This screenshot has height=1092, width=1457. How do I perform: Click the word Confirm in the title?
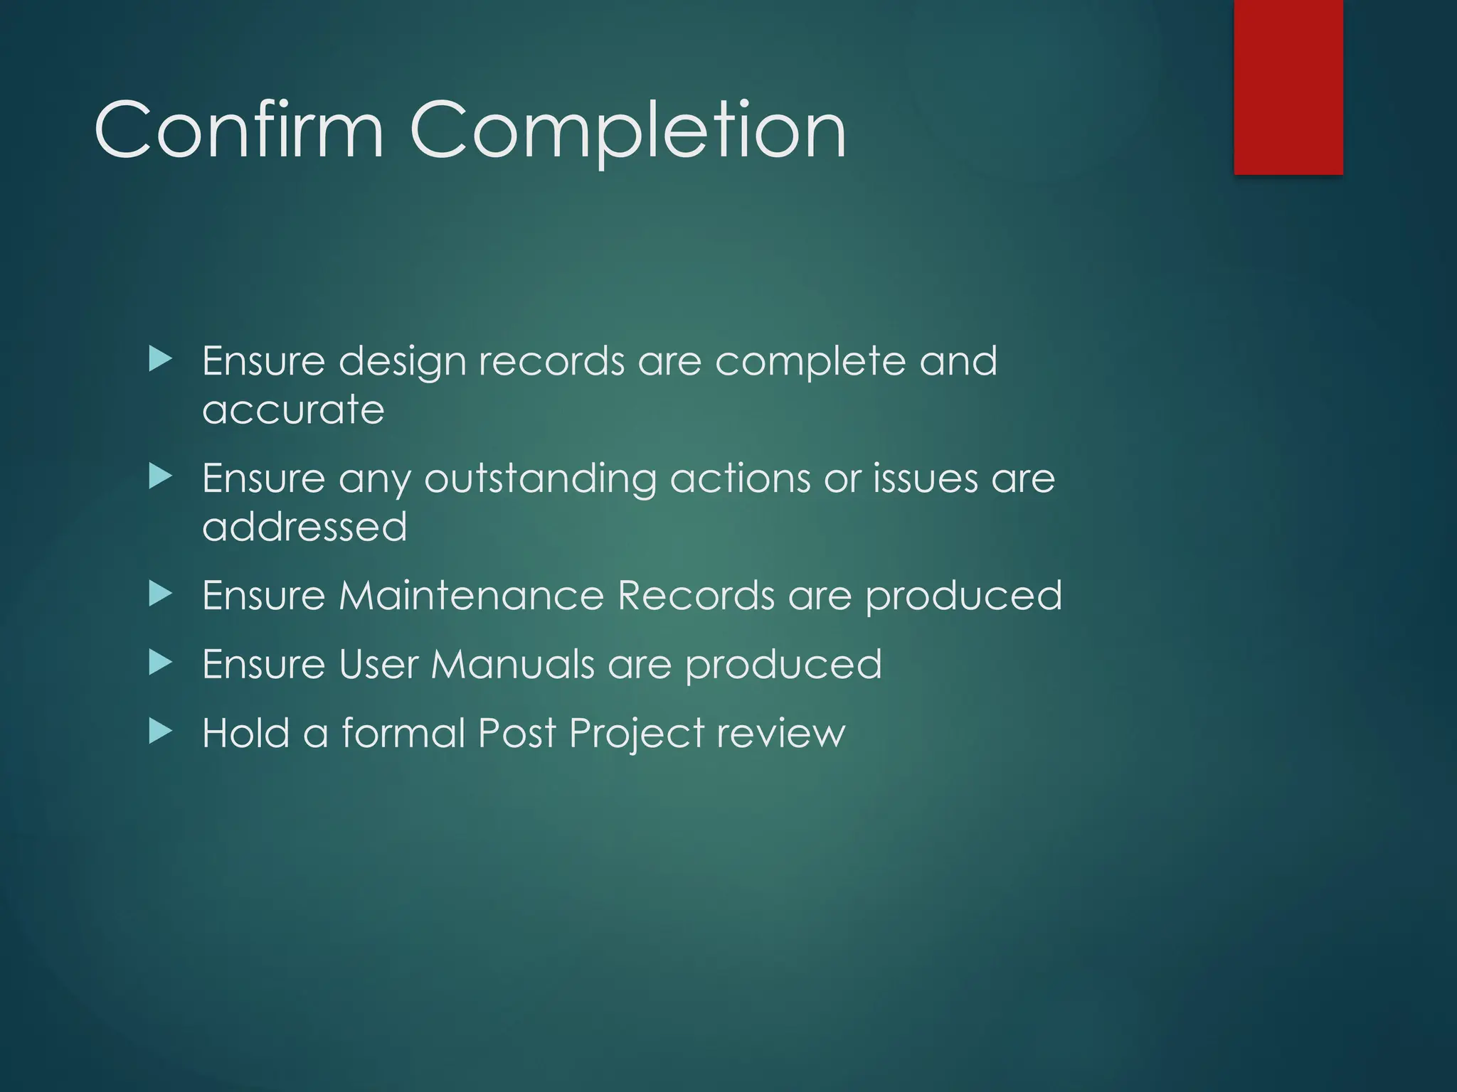[239, 131]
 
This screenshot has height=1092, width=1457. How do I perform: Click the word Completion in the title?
[627, 132]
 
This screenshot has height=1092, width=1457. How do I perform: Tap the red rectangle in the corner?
[1288, 87]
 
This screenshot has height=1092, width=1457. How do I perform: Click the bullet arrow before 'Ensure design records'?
[161, 360]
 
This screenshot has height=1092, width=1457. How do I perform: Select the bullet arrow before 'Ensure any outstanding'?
[161, 477]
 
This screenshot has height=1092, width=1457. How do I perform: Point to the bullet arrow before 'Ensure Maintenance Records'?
[161, 594]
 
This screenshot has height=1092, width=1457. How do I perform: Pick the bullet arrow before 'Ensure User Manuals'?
[161, 663]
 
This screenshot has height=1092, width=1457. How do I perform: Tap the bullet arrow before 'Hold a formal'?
[161, 732]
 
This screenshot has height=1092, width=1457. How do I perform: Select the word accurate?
[293, 410]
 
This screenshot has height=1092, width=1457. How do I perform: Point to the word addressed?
[304, 527]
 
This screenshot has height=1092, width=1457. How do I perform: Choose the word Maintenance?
[471, 595]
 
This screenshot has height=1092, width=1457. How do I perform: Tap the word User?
[378, 665]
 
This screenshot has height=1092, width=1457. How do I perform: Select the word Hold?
[245, 733]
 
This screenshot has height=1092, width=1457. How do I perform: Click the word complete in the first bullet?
[810, 363]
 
